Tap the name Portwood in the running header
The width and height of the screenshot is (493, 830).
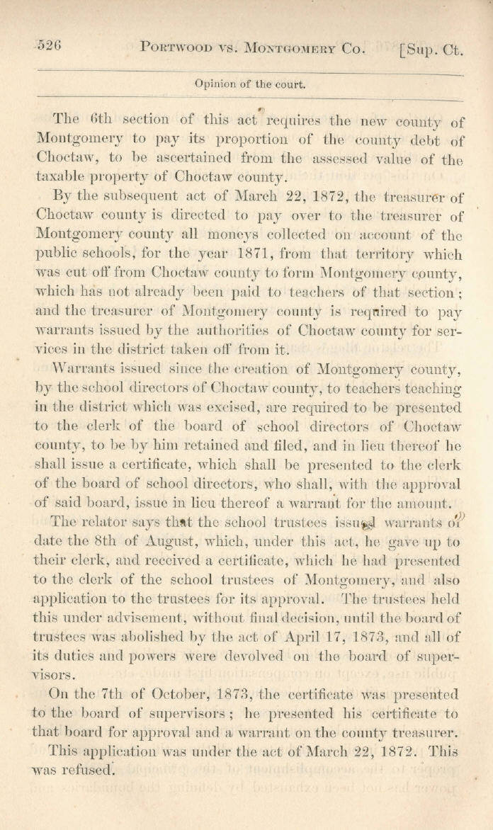tap(175, 47)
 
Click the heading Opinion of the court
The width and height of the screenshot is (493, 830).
tap(250, 84)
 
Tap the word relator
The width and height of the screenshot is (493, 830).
tap(107, 523)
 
